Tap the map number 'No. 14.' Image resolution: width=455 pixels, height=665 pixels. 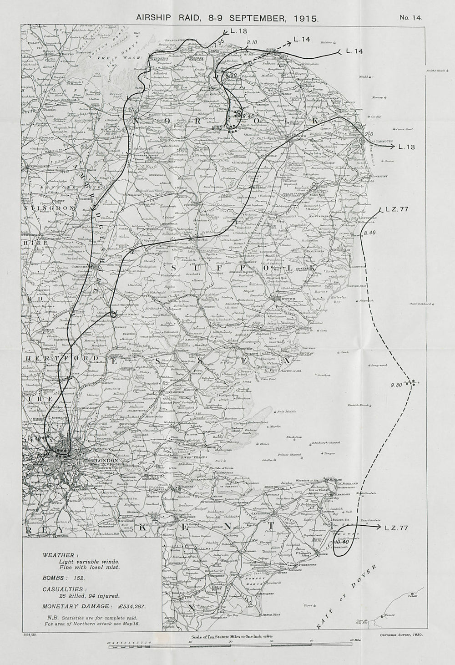click(x=410, y=18)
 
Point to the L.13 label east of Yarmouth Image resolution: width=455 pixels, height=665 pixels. click(x=407, y=147)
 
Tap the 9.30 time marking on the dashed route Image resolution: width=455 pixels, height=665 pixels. click(x=396, y=385)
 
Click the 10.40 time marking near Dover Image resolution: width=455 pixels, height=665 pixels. click(x=341, y=542)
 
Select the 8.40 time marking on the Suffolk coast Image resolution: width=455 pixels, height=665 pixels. click(x=370, y=234)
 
